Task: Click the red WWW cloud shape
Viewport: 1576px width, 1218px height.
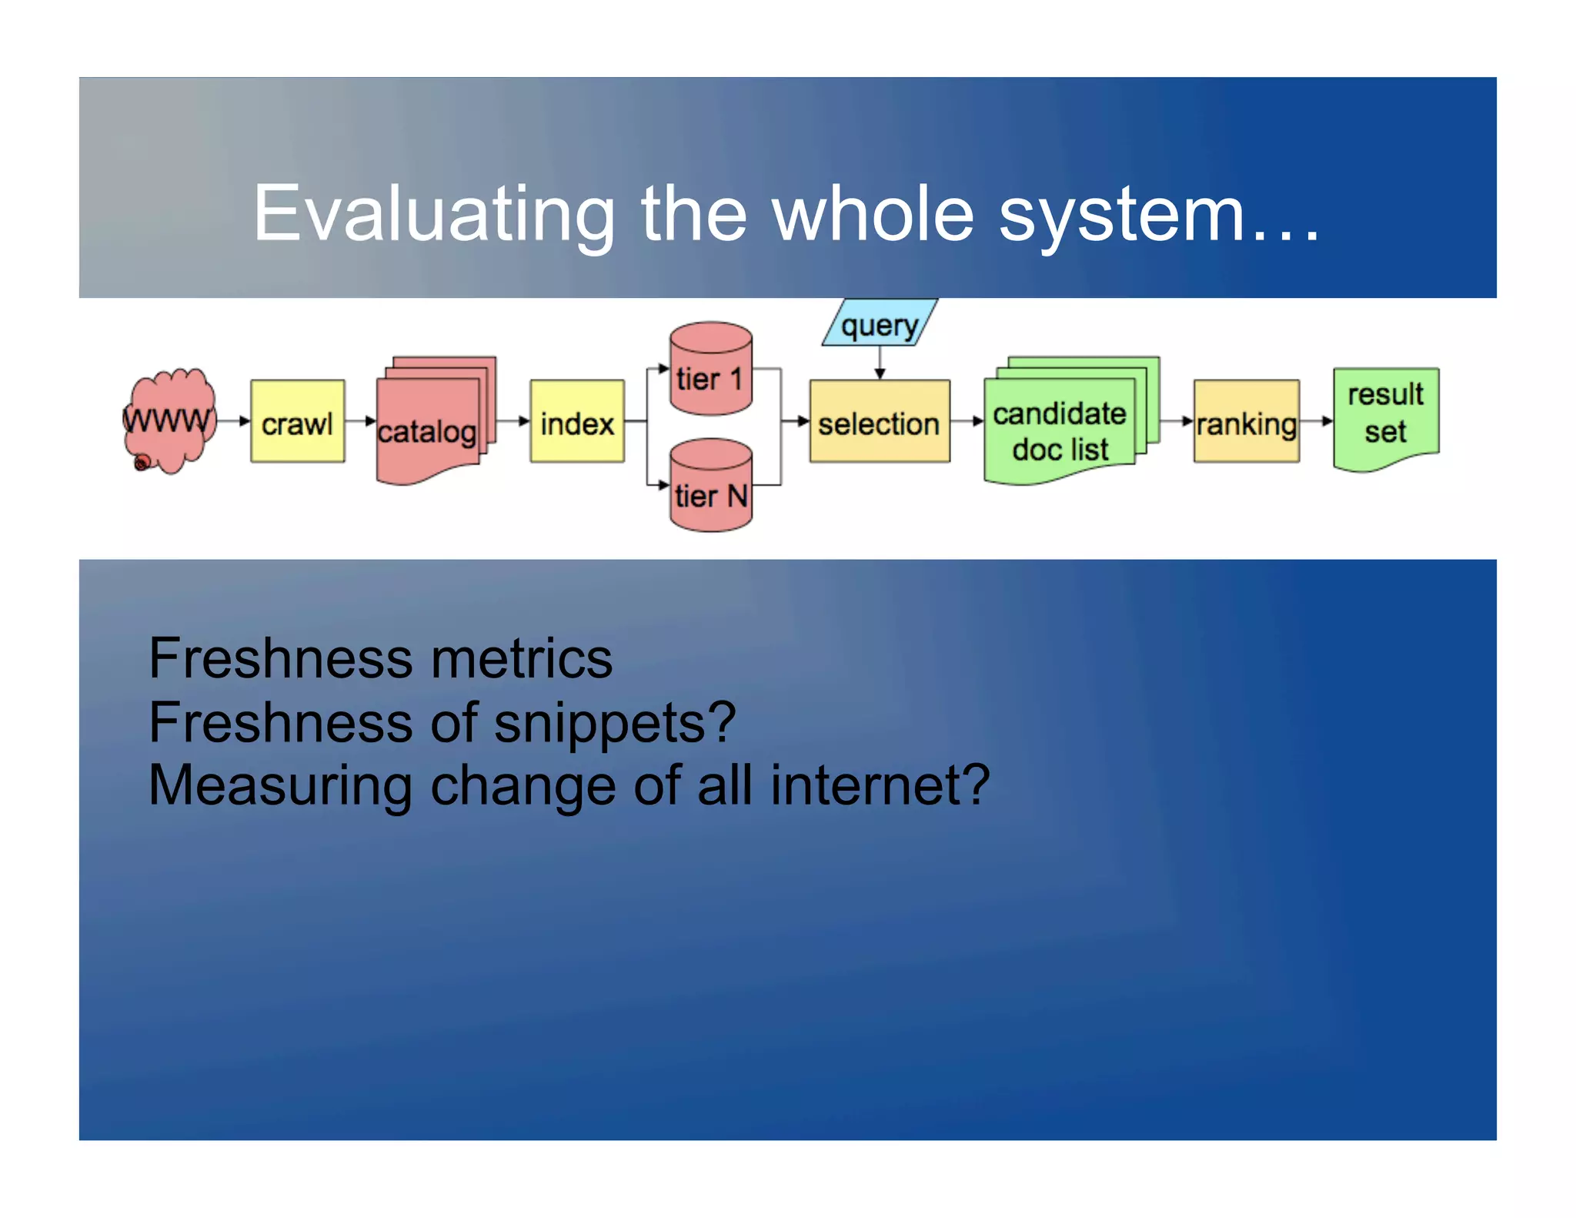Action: click(x=169, y=420)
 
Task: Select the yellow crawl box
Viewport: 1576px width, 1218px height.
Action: click(x=297, y=421)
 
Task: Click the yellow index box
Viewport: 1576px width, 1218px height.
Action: click(x=576, y=421)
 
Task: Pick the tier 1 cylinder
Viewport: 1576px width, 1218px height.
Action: click(x=710, y=370)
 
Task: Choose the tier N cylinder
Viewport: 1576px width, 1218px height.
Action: click(x=710, y=487)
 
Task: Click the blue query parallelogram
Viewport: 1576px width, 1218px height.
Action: click(x=880, y=323)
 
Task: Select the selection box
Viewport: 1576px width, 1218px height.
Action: click(x=879, y=422)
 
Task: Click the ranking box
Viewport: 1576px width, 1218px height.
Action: click(x=1246, y=421)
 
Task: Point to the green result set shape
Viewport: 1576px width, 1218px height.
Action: click(x=1385, y=417)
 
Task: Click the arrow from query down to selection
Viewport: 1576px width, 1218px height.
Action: click(x=880, y=362)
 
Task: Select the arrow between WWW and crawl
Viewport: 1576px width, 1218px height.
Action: click(x=234, y=421)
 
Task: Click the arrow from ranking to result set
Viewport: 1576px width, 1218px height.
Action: click(x=1317, y=421)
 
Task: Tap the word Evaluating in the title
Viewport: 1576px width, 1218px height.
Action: click(x=434, y=215)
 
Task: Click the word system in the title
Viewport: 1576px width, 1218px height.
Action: click(x=1120, y=215)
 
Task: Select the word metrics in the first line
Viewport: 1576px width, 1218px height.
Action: click(x=522, y=660)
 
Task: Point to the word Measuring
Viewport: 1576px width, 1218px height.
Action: click(x=281, y=787)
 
